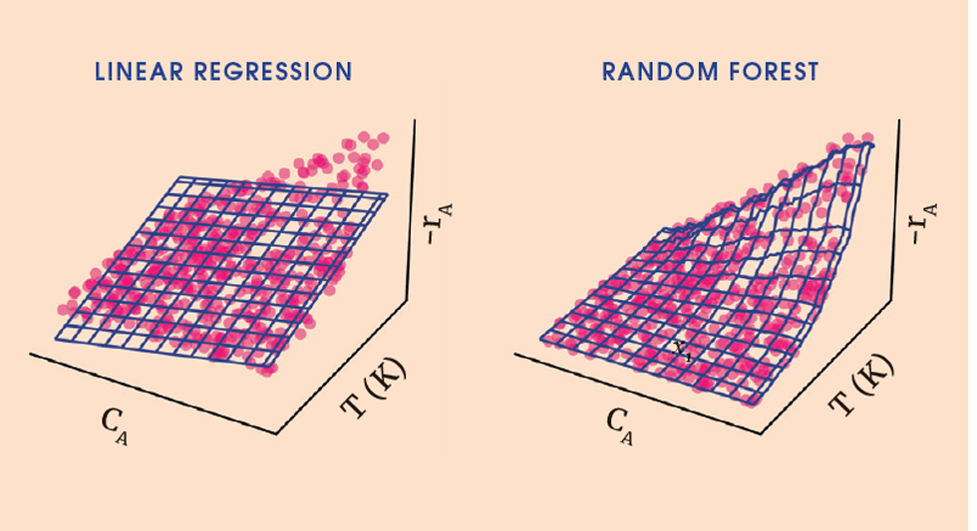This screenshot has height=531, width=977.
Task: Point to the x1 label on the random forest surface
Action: (682, 350)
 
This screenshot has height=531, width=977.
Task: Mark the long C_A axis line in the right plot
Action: (643, 395)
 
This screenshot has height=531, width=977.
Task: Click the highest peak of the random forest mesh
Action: (871, 145)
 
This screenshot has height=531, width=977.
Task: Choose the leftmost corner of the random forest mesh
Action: (542, 340)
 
